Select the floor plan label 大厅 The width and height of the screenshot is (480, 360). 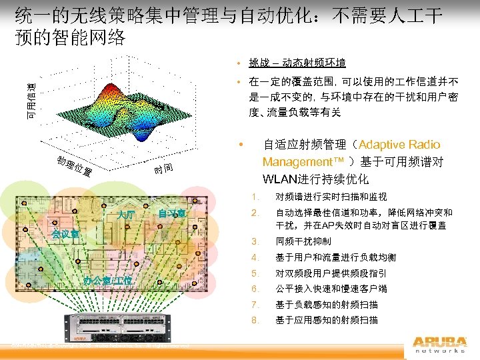point(125,215)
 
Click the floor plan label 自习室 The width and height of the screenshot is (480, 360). point(171,213)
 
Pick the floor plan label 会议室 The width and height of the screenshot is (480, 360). point(66,234)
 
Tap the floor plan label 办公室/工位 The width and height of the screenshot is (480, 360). point(107,279)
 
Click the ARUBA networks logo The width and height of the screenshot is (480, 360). point(439,344)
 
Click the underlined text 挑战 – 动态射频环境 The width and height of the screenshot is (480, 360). point(297,63)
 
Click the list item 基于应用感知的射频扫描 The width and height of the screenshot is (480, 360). point(326,320)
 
